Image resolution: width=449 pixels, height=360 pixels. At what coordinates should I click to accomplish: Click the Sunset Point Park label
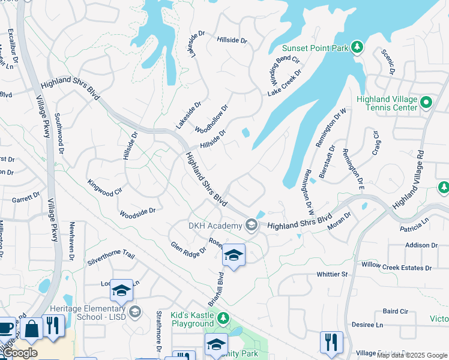click(x=316, y=47)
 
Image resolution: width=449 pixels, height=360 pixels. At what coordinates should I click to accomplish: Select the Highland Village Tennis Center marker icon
click(x=426, y=103)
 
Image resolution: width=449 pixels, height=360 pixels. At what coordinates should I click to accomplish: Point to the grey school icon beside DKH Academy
click(x=251, y=226)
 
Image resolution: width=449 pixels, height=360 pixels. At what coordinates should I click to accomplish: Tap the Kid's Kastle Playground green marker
click(x=223, y=317)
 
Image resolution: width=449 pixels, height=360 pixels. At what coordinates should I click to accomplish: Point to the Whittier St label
click(x=332, y=274)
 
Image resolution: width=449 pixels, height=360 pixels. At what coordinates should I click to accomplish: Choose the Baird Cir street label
click(x=395, y=311)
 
